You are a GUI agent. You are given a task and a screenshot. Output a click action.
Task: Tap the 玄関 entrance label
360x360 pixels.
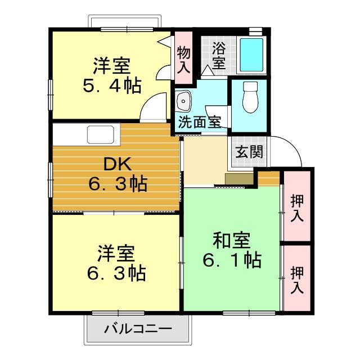click(249, 151)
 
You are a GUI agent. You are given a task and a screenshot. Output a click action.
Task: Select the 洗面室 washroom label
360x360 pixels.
click(199, 122)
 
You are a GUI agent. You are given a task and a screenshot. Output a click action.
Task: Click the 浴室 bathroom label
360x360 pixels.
click(218, 55)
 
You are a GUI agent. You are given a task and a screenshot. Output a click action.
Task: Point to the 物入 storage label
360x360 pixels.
click(183, 60)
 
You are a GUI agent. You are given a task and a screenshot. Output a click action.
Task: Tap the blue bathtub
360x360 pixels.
click(251, 54)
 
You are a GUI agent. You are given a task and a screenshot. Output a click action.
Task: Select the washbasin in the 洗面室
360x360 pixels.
click(183, 102)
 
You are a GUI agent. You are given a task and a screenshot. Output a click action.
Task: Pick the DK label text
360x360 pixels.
click(118, 165)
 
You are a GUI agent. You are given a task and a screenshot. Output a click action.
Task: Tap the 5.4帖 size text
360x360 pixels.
click(112, 86)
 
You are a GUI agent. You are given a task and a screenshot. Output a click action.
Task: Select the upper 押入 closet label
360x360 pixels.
click(297, 208)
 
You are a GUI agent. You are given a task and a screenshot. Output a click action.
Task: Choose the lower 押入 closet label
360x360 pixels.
click(297, 280)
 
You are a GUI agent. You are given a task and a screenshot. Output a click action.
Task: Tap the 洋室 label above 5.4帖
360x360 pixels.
click(112, 66)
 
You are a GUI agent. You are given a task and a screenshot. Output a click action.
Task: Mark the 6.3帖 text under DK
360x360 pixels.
click(118, 184)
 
